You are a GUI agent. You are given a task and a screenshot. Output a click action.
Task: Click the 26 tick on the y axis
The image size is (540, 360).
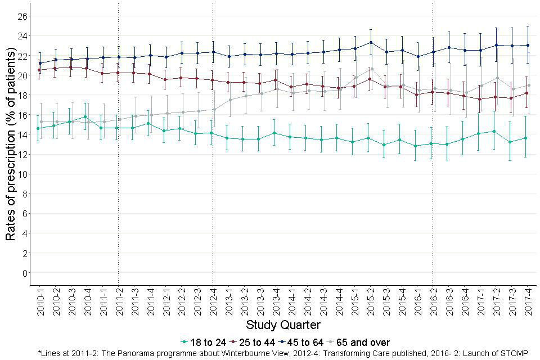tap(22, 16)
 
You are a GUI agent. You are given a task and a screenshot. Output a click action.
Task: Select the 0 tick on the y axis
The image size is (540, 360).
tap(25, 273)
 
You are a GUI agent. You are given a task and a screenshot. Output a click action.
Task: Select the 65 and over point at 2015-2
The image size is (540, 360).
tap(372, 69)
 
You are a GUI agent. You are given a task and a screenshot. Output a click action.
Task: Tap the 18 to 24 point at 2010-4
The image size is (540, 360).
tap(85, 117)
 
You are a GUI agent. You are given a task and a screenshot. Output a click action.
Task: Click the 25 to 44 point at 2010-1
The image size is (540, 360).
tap(38, 70)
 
